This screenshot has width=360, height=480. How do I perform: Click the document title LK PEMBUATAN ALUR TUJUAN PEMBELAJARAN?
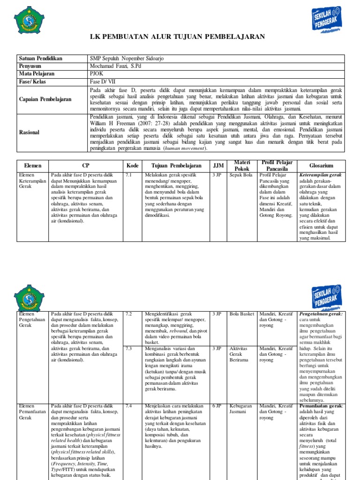tap(180, 37)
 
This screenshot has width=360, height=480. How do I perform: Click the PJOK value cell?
tap(96, 74)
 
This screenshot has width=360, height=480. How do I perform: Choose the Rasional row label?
tap(30, 133)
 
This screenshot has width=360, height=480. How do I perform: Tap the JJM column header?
tap(218, 165)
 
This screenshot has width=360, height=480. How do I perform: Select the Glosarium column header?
tap(321, 165)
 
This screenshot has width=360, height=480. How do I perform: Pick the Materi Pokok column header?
tap(242, 165)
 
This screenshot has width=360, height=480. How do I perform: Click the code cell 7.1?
tap(129, 175)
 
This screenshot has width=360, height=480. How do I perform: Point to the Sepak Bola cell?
tap(241, 175)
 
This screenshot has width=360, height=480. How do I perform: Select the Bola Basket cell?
tap(242, 314)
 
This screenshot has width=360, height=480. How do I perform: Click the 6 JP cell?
tap(217, 406)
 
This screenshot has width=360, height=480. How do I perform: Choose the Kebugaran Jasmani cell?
tap(241, 409)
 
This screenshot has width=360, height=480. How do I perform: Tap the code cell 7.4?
tap(129, 406)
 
